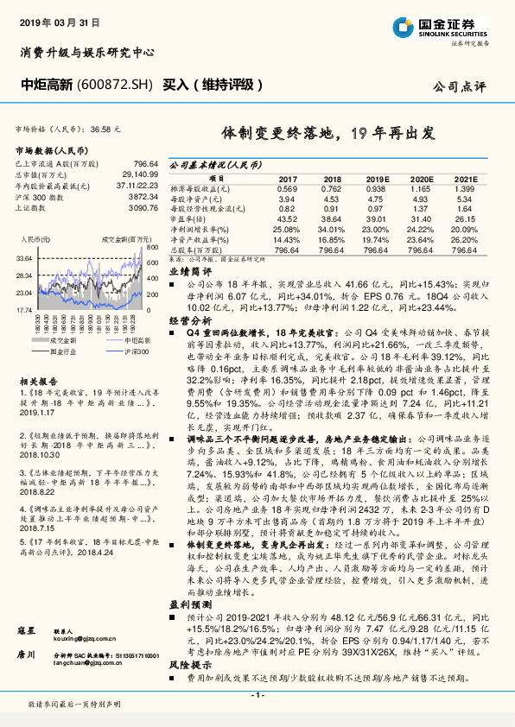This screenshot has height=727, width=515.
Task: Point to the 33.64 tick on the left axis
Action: (23, 258)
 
